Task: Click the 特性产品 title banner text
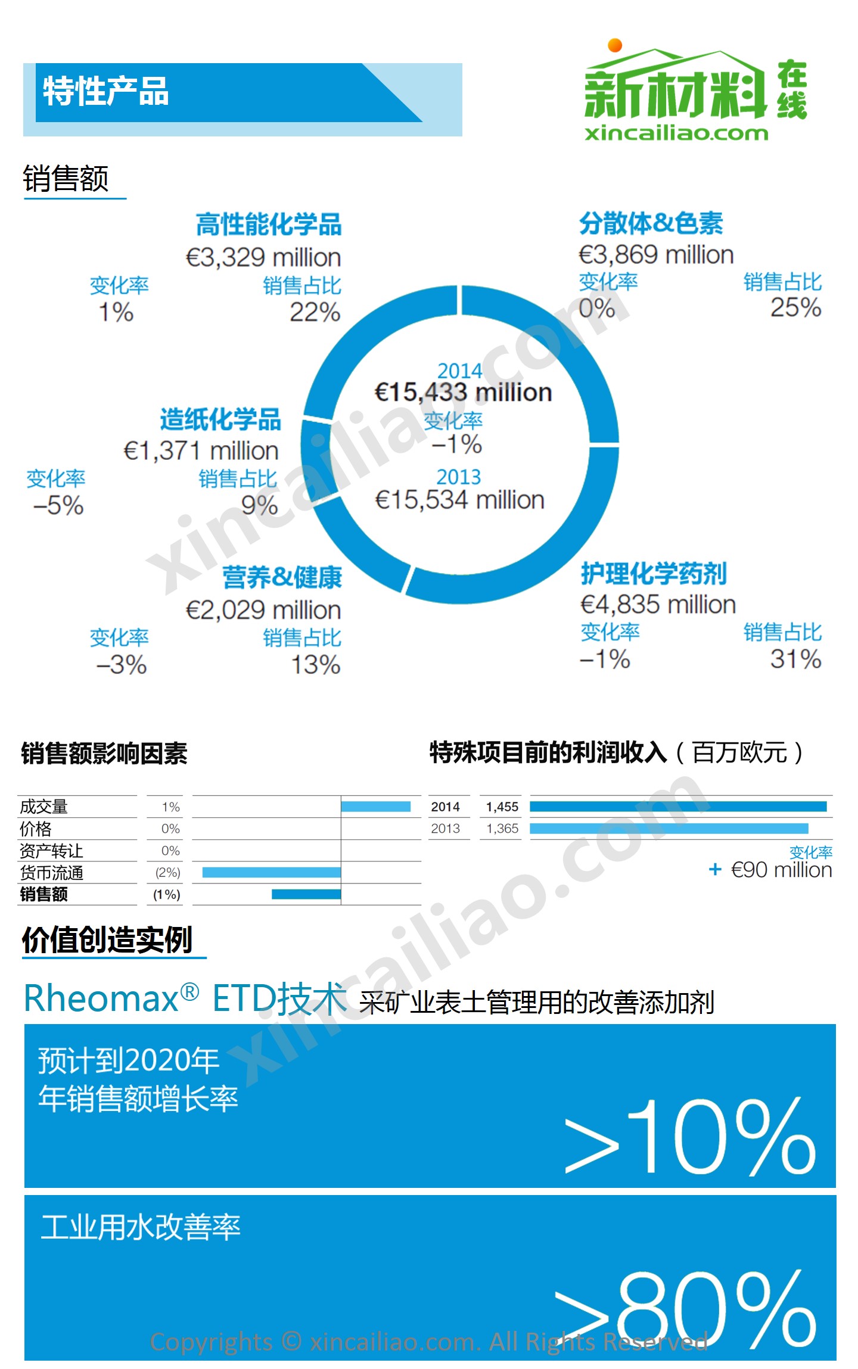(x=106, y=92)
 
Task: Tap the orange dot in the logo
(x=615, y=45)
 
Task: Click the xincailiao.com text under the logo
(x=676, y=133)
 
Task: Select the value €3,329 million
(x=263, y=257)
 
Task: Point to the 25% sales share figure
(x=795, y=307)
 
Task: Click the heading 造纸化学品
(x=220, y=419)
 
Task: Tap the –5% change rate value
(x=58, y=506)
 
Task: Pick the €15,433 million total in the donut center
(x=463, y=393)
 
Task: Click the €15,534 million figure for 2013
(x=459, y=500)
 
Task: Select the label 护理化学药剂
(x=654, y=573)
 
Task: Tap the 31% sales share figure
(x=795, y=659)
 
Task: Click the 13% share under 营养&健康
(x=316, y=665)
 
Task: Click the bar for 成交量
(x=375, y=807)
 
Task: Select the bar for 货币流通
(x=272, y=872)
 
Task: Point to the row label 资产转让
(x=51, y=851)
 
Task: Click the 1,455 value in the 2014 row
(x=502, y=807)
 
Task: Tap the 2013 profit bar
(x=669, y=828)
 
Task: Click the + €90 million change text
(x=770, y=870)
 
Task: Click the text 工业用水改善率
(x=141, y=1227)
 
